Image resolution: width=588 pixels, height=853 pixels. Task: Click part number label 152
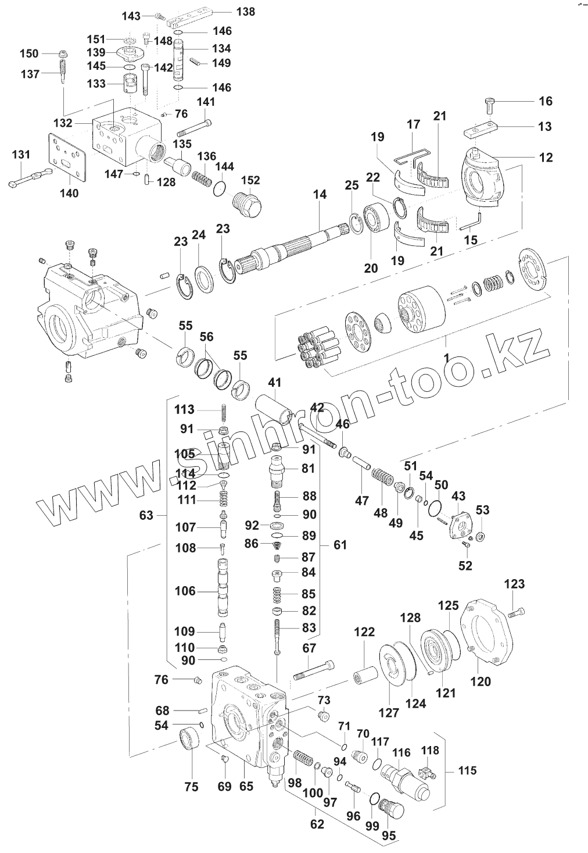click(250, 180)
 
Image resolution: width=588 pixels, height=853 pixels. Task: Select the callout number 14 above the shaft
click(320, 196)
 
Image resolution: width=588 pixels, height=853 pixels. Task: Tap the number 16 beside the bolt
click(545, 101)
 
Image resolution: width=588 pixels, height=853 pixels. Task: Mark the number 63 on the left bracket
click(146, 515)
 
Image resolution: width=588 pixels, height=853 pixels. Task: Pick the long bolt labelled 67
click(314, 670)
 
